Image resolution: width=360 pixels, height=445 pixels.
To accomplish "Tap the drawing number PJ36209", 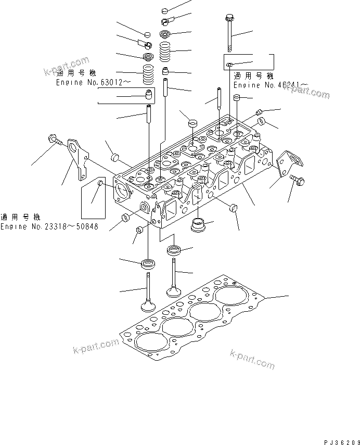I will pyautogui.click(x=341, y=440).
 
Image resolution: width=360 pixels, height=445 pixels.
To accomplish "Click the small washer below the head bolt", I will pyautogui.click(x=229, y=65).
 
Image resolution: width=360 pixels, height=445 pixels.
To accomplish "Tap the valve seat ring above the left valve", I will pyautogui.click(x=149, y=262).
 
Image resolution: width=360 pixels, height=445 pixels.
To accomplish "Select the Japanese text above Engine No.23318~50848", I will pyautogui.click(x=20, y=217).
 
